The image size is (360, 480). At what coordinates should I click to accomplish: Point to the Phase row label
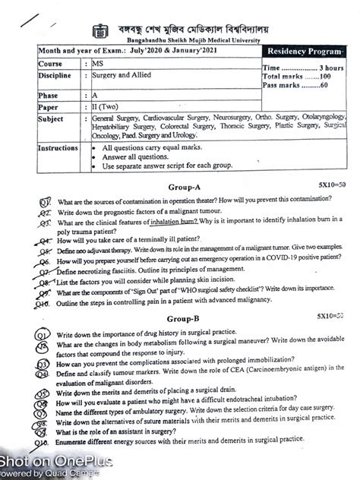pos(49,96)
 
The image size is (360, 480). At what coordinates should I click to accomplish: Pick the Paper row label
pos(50,107)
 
